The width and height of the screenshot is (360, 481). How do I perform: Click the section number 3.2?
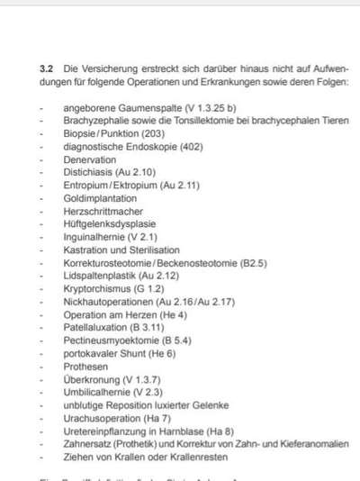[x=47, y=68]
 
